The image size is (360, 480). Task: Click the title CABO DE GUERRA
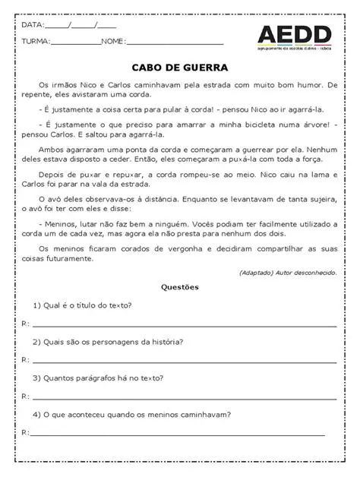click(x=179, y=67)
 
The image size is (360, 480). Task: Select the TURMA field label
click(x=36, y=41)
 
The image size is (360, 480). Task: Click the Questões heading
click(x=179, y=287)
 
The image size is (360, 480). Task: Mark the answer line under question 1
click(x=182, y=325)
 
